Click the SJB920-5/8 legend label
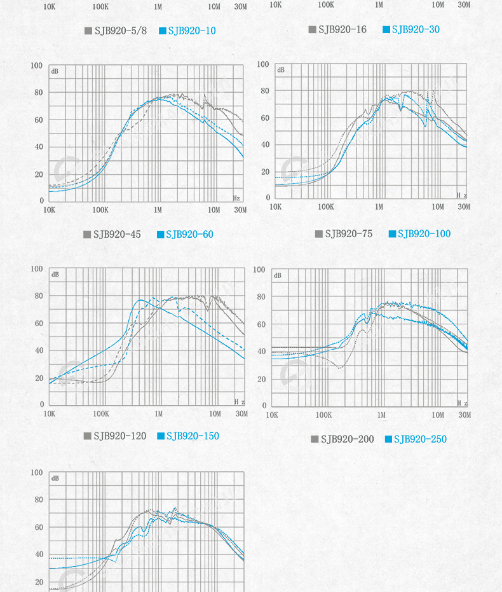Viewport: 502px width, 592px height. coord(120,30)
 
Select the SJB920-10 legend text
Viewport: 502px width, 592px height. coord(193,30)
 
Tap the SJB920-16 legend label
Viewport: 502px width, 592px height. coord(343,29)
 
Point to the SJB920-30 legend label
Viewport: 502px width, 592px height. coord(416,29)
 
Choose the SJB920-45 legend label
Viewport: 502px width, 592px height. coord(117,234)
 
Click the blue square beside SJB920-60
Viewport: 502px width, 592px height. coord(161,234)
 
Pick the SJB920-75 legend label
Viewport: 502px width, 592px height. coord(349,233)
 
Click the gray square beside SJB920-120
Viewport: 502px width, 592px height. coord(88,436)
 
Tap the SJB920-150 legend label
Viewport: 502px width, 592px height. coord(193,436)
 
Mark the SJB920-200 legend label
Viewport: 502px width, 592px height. coord(348,439)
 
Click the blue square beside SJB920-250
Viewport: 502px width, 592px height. coord(388,439)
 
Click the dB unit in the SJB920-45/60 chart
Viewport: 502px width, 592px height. coord(55,71)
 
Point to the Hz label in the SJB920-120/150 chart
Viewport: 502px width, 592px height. coord(239,401)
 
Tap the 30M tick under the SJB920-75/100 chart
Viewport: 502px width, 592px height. coord(464,207)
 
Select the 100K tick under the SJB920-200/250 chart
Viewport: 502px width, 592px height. coord(324,415)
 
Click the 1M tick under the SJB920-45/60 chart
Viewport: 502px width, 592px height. coord(158,210)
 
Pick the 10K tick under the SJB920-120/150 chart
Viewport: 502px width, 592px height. coord(49,414)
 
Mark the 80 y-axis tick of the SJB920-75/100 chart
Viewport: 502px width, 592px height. coord(265,91)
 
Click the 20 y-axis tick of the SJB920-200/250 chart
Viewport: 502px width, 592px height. coord(261,379)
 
